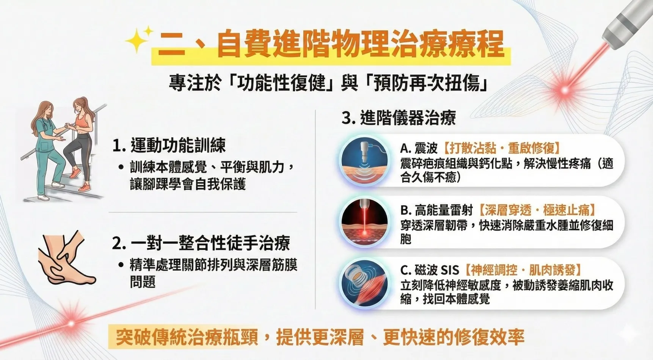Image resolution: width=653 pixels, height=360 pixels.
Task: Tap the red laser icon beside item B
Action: pos(364,222)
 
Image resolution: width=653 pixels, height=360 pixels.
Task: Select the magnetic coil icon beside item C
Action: pos(364,283)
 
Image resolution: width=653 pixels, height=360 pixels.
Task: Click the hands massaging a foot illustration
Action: pos(67,258)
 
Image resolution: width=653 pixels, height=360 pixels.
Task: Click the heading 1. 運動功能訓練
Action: pos(169,146)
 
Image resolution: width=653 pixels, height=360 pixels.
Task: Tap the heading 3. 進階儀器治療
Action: pos(399,118)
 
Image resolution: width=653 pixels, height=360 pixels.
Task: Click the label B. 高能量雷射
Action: pos(436,210)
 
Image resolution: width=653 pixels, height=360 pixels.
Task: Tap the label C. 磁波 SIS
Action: pos(430,270)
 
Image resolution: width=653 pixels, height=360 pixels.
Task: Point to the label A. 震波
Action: pos(419,148)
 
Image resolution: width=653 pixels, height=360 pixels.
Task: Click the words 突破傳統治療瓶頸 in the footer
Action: pos(187,337)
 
